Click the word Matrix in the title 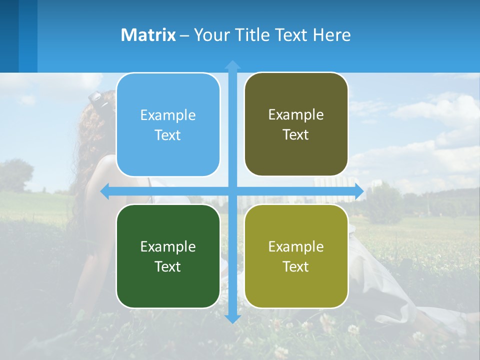pyautogui.click(x=148, y=35)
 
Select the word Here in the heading pyautogui.click(x=332, y=35)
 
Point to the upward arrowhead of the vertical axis pyautogui.click(x=232, y=64)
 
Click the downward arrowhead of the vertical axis pyautogui.click(x=232, y=318)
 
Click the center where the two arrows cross pyautogui.click(x=232, y=191)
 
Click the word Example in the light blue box pyautogui.click(x=168, y=115)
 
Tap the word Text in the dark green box pyautogui.click(x=168, y=266)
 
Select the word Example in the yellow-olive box pyautogui.click(x=296, y=246)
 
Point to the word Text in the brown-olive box pyautogui.click(x=296, y=135)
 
